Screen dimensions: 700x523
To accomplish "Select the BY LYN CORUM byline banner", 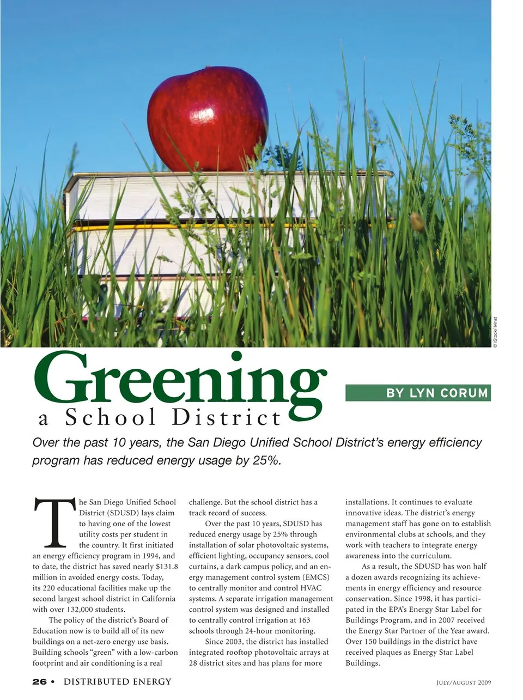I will point(418,393).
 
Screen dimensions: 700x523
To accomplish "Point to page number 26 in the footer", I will point(39,681).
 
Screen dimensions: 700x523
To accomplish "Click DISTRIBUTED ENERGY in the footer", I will point(117,681).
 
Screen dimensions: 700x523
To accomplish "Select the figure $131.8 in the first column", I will point(167,567).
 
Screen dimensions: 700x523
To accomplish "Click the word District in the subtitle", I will point(227,418).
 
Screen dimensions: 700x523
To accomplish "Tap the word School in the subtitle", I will point(111,418).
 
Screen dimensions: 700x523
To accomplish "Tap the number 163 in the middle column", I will point(303,620).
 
